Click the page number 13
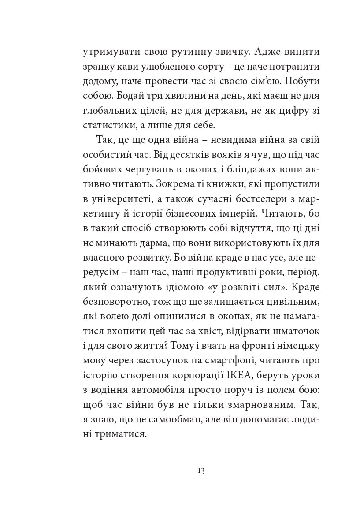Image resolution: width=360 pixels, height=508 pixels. (200, 470)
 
